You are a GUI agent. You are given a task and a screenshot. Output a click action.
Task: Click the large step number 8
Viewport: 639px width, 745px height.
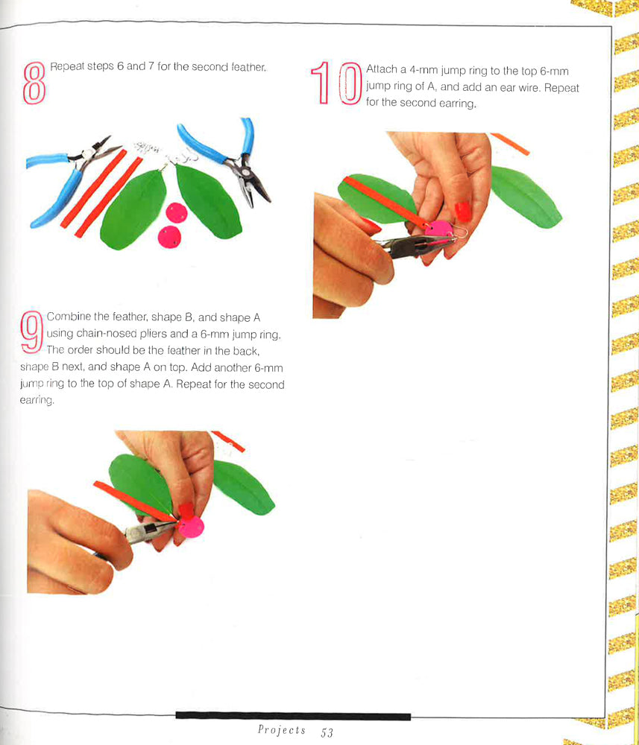pos(34,83)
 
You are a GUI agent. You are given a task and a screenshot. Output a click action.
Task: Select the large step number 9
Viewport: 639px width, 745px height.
pos(32,332)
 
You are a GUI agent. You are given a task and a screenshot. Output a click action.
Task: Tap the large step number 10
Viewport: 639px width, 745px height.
pos(336,83)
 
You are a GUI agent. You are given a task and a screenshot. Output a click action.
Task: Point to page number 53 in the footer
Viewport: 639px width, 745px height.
pos(327,732)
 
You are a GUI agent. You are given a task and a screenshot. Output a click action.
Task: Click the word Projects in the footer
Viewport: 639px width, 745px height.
pos(281,730)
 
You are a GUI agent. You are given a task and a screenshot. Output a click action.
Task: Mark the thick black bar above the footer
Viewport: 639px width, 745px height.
pos(293,716)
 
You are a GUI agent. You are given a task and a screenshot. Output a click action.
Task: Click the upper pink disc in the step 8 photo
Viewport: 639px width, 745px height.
pos(177,212)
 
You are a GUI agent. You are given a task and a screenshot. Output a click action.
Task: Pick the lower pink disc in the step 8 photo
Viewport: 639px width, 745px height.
pos(169,237)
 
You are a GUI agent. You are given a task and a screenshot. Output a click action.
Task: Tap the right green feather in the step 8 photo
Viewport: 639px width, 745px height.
pos(207,200)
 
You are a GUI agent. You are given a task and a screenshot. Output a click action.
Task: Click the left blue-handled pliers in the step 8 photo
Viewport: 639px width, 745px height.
pos(72,179)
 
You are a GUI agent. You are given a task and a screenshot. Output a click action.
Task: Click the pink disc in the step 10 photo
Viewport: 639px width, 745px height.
pos(439,229)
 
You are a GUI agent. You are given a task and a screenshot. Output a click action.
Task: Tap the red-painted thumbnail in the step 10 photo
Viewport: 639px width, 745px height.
pos(462,212)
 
